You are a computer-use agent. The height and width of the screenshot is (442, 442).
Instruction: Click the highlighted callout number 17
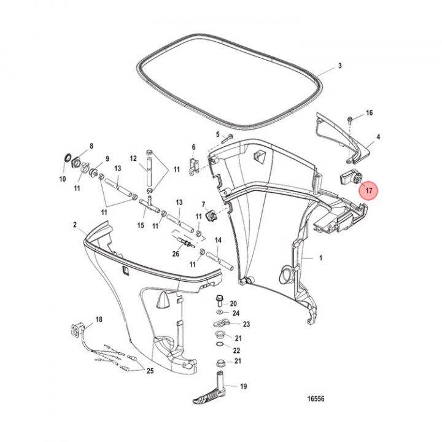[369, 191]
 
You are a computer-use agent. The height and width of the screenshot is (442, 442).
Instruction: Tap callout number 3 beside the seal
[339, 66]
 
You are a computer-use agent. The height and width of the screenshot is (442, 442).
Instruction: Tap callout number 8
[91, 147]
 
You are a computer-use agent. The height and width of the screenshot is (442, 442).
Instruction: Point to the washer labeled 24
[219, 313]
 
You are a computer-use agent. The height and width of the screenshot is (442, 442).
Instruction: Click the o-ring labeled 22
[219, 351]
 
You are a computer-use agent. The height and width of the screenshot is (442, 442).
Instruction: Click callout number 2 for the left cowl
[75, 225]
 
